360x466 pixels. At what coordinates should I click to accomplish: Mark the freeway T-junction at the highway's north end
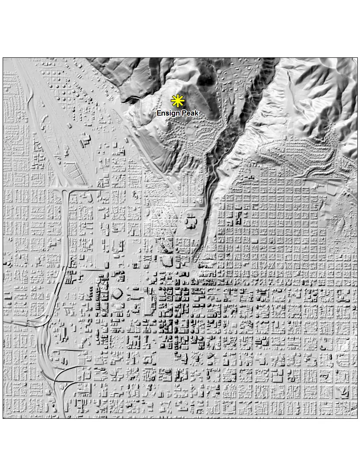coord(65,191)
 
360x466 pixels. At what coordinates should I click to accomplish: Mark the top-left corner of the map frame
coord(3,58)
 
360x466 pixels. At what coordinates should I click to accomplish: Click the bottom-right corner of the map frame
coord(357,418)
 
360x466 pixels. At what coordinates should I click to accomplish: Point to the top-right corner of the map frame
coord(357,58)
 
